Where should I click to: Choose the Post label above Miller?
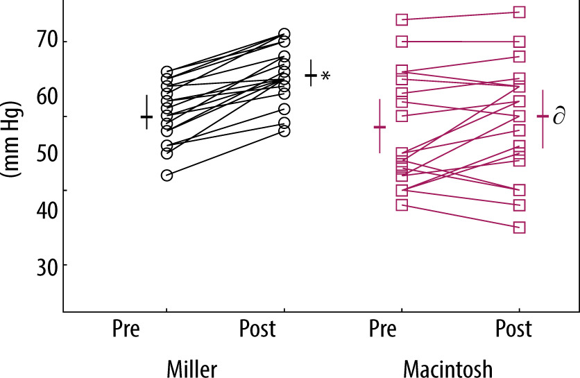pyautogui.click(x=257, y=329)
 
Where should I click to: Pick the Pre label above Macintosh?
pyautogui.click(x=383, y=329)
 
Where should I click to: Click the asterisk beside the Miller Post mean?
pyautogui.click(x=325, y=76)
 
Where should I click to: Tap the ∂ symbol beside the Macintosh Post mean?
pyautogui.click(x=559, y=117)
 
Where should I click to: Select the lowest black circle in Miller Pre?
pyautogui.click(x=167, y=175)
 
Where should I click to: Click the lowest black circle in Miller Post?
pyautogui.click(x=284, y=131)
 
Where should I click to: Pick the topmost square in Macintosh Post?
pyautogui.click(x=519, y=12)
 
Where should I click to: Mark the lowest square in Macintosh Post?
pyautogui.click(x=519, y=227)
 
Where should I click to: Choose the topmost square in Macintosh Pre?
pyautogui.click(x=402, y=19)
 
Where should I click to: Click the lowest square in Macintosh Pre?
pyautogui.click(x=402, y=205)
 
